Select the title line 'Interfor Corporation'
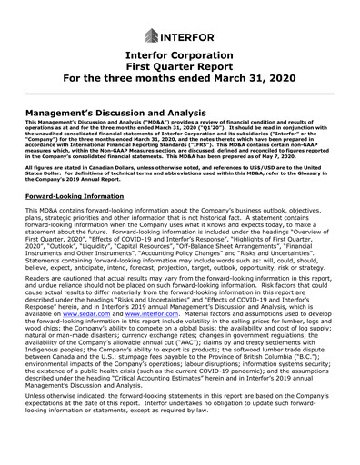tap(179, 61)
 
